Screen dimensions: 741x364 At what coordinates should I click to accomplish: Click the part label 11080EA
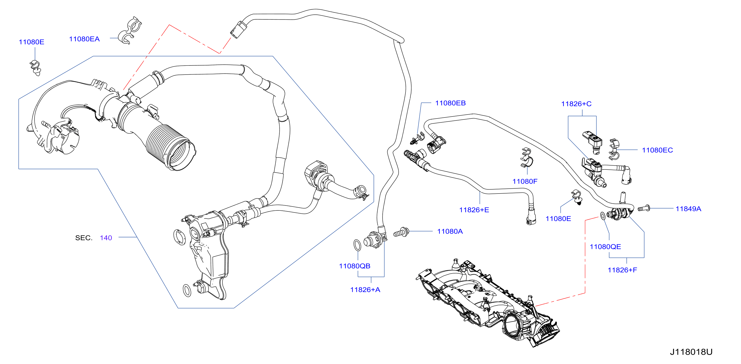pyautogui.click(x=84, y=39)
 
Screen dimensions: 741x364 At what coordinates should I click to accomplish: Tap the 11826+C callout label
pyautogui.click(x=576, y=104)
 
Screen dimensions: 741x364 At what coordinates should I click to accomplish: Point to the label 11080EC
pyautogui.click(x=657, y=150)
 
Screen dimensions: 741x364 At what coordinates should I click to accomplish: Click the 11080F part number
pyautogui.click(x=525, y=182)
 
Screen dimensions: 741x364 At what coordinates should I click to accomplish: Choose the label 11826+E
pyautogui.click(x=474, y=210)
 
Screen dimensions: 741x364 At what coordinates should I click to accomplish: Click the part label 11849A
pyautogui.click(x=688, y=209)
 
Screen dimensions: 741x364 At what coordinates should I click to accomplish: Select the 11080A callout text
pyautogui.click(x=450, y=231)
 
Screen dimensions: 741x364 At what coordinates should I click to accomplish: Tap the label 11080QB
pyautogui.click(x=355, y=266)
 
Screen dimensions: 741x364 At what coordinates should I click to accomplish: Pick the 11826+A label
pyautogui.click(x=365, y=290)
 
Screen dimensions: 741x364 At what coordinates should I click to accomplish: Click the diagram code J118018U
pyautogui.click(x=691, y=352)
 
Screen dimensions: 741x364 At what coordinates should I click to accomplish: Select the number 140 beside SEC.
pyautogui.click(x=106, y=238)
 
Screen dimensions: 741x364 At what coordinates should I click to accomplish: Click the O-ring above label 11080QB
pyautogui.click(x=357, y=245)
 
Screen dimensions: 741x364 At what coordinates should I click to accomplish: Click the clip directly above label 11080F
pyautogui.click(x=527, y=158)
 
